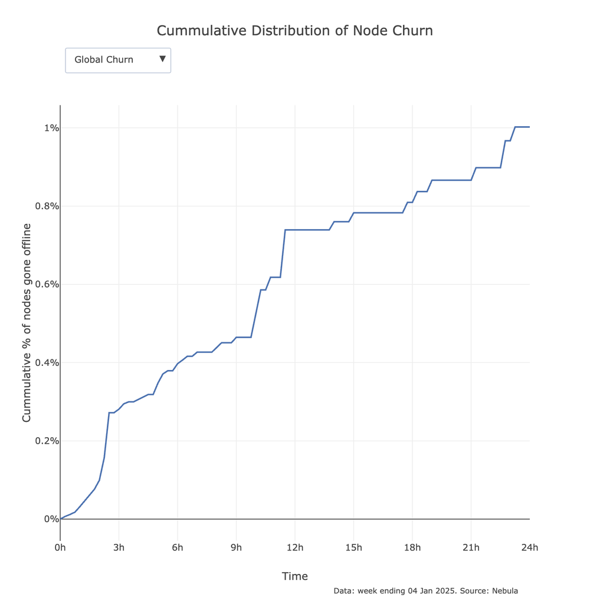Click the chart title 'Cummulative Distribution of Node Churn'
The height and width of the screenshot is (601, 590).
(294, 31)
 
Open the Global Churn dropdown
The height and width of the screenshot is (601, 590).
(117, 60)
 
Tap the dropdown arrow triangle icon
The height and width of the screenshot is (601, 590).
(162, 59)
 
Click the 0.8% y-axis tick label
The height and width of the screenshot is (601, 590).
(45, 206)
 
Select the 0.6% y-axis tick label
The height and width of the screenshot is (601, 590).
(45, 285)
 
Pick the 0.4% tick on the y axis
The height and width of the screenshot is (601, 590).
(45, 362)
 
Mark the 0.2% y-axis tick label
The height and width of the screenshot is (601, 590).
(45, 441)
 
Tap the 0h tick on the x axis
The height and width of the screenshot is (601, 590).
(60, 548)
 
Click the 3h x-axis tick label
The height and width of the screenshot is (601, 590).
(119, 548)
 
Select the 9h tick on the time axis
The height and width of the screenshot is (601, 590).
(236, 548)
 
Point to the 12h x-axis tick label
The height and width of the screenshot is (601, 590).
(294, 548)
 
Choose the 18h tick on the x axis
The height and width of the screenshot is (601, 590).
(412, 548)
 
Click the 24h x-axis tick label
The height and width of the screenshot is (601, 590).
(529, 548)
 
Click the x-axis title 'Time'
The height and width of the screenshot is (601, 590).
(294, 576)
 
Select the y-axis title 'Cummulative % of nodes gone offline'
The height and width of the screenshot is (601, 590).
(27, 323)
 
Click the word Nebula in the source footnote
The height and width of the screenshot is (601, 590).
(505, 590)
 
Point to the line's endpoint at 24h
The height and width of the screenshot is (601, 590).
(529, 127)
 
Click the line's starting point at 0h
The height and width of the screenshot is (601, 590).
(61, 519)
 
